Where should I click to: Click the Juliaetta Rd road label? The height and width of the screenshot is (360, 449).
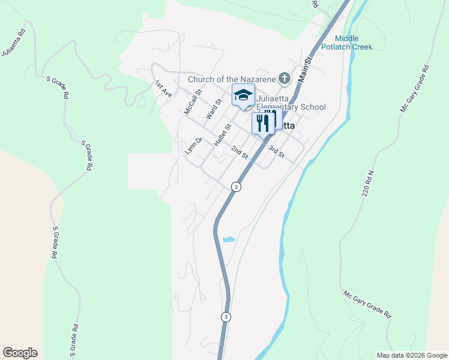[x=13, y=42]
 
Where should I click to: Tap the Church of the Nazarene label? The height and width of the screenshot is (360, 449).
[x=231, y=79]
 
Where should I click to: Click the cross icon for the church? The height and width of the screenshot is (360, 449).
[x=285, y=79]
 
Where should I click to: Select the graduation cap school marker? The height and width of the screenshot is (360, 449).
[x=243, y=95]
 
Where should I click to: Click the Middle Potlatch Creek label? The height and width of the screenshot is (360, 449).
[x=346, y=43]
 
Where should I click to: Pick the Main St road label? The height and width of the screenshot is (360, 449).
[x=306, y=69]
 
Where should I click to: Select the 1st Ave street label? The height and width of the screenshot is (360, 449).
[x=163, y=89]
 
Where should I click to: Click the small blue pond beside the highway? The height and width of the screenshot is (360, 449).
[x=229, y=239]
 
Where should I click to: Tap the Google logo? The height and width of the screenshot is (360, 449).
[x=20, y=353]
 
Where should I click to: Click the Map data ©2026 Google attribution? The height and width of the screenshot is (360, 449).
[x=411, y=355]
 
